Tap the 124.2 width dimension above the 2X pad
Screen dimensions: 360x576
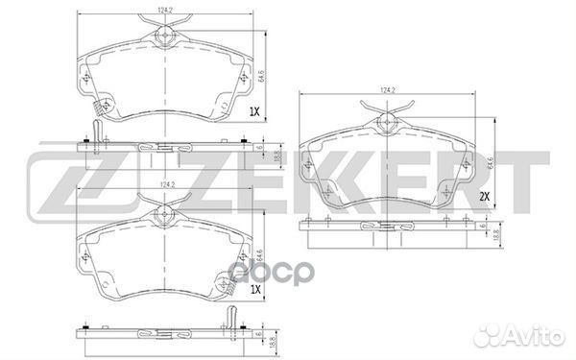click(388, 90)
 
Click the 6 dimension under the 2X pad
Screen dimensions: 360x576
click(479, 227)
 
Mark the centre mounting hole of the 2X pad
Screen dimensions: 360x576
click(387, 122)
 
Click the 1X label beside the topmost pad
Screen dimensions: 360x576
click(254, 111)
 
